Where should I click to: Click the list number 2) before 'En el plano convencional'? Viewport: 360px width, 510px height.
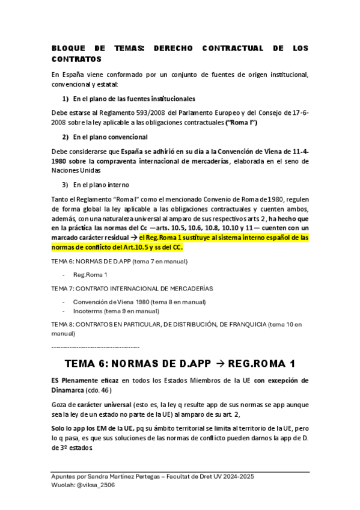click(x=66, y=137)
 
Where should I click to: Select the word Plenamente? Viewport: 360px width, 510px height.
click(x=86, y=381)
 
